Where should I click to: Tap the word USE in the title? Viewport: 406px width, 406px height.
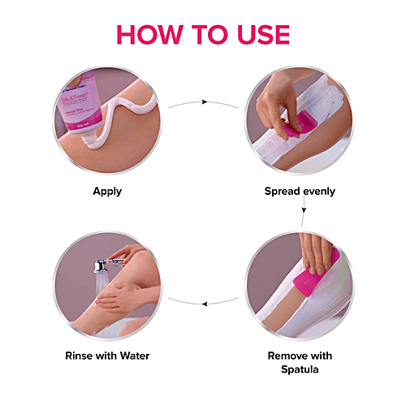(263, 34)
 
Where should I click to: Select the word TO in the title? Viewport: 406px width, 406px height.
(209, 34)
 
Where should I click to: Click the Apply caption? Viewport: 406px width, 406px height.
(107, 192)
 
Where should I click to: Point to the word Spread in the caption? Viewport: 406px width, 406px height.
(282, 192)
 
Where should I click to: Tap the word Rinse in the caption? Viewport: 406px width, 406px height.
(80, 356)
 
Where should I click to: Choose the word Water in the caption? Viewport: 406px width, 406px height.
(135, 356)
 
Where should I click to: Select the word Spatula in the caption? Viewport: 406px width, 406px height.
(300, 369)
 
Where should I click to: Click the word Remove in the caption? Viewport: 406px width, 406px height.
(287, 356)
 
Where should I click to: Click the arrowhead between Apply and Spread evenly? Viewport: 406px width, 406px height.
(205, 101)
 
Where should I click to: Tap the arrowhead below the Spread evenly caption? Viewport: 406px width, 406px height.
(304, 210)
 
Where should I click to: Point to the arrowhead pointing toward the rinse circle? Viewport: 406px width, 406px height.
(205, 304)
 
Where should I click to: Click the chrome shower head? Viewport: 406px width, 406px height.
(101, 266)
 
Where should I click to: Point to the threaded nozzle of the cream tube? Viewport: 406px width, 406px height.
(89, 140)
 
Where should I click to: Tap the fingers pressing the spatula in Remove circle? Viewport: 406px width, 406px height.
(315, 253)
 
